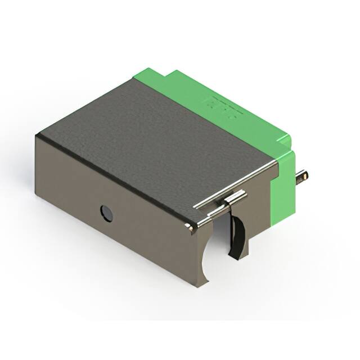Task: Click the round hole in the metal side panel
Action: coord(106,213)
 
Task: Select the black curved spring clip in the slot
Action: coord(239,236)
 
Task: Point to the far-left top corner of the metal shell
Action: coord(38,136)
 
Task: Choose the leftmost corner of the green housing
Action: coord(133,77)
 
